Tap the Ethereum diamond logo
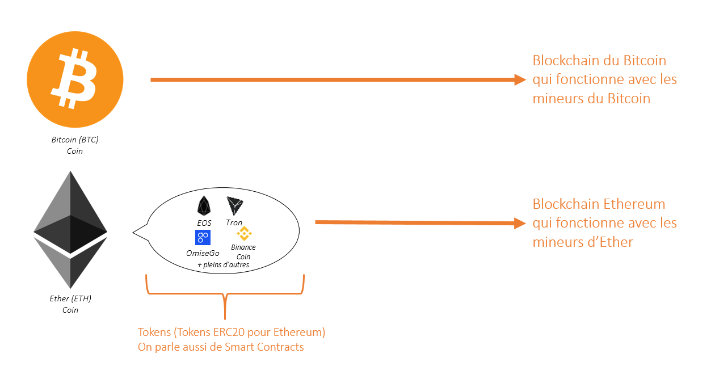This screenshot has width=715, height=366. point(70,229)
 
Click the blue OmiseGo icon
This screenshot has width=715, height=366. point(203,238)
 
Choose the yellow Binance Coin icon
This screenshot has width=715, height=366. point(243,233)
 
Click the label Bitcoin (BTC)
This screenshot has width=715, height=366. point(75,140)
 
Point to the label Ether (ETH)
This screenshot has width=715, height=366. point(70,298)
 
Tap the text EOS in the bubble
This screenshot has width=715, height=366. point(204,223)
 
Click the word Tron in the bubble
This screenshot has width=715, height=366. point(234,223)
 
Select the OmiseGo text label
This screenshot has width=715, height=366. point(203,254)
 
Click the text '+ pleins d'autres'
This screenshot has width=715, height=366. point(223,265)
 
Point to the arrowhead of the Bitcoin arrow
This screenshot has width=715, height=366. point(520,80)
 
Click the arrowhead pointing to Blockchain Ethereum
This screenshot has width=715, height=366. point(520,223)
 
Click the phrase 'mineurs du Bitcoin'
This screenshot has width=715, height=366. point(591,98)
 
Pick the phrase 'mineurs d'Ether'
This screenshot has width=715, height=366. point(583,242)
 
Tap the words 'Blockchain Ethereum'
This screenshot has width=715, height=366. point(599,204)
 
